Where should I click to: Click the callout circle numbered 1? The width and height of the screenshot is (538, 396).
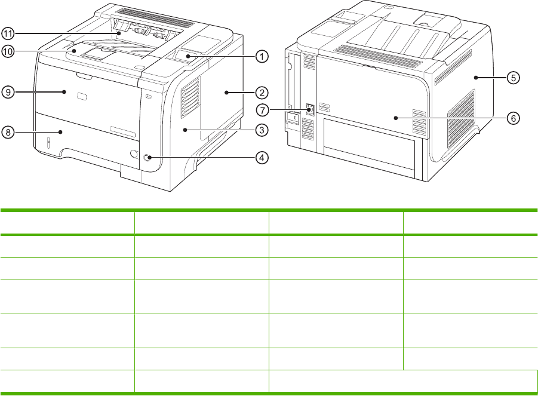(261, 56)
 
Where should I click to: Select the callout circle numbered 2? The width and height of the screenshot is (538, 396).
(261, 93)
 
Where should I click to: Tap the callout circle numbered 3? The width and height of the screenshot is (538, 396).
(261, 129)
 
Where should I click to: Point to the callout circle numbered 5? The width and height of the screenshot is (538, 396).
(512, 77)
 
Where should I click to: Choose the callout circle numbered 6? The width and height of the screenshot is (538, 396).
(512, 118)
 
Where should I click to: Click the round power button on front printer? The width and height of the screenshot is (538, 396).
(147, 158)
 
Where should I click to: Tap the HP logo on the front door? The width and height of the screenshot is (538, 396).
(82, 97)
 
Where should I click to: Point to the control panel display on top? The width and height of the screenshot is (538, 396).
(187, 56)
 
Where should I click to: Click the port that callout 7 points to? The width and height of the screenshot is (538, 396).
(309, 109)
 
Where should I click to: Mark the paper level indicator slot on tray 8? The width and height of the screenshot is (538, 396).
(48, 143)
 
